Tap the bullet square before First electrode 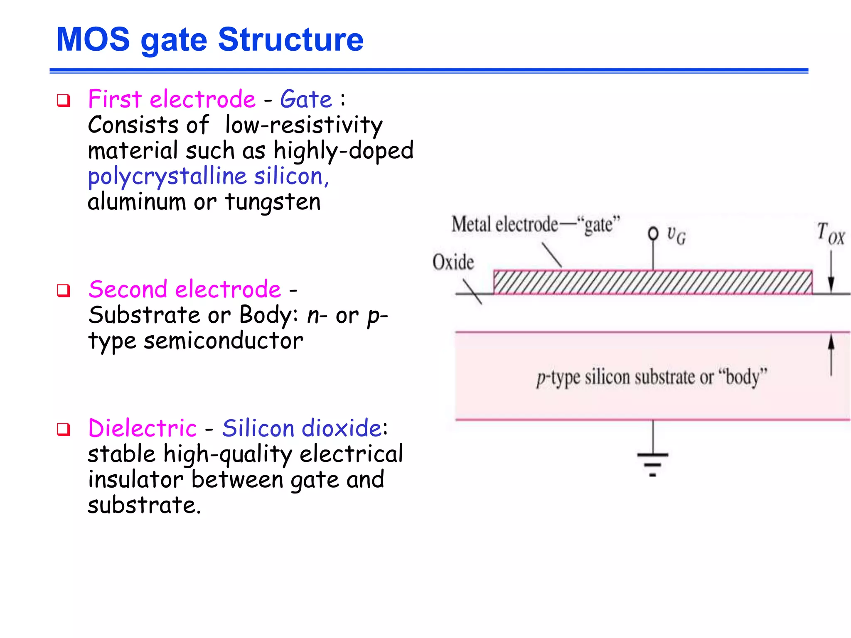64,101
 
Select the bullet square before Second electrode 64,290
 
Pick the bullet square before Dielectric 64,429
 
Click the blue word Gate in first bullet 306,100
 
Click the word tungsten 273,203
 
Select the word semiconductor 224,341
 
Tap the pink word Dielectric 142,428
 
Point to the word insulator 135,480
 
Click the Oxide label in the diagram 453,263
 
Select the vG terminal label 676,236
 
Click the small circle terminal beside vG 653,233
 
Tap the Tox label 830,233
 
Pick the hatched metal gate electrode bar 652,282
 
